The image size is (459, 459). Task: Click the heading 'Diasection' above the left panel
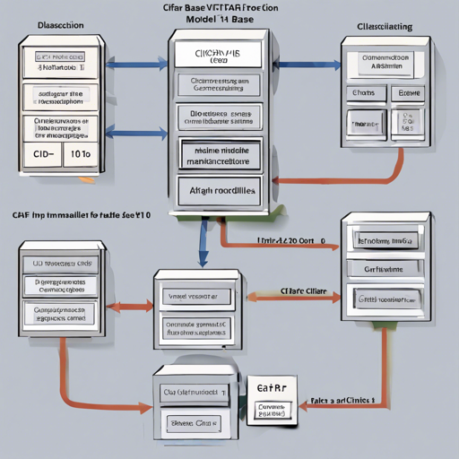point(60,26)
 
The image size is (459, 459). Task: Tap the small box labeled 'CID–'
point(43,153)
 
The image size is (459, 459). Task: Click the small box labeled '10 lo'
point(79,153)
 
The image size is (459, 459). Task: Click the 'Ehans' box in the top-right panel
point(363,93)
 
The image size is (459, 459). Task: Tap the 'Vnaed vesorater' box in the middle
point(193,296)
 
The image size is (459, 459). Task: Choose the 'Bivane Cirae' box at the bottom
point(195,422)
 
